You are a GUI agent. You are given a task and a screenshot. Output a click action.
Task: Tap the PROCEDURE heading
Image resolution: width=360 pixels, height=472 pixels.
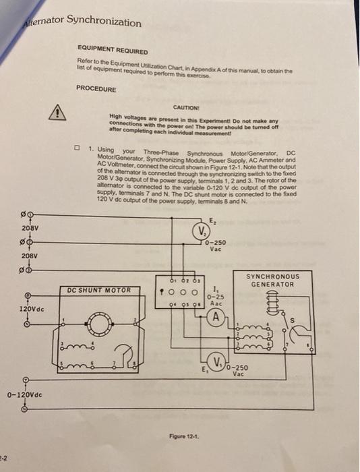pos(96,88)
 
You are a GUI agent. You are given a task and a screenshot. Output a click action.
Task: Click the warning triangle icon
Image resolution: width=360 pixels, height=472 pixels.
pos(59,112)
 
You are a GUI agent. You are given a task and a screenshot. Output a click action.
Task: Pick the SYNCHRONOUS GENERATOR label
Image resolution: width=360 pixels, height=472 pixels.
pos(272,280)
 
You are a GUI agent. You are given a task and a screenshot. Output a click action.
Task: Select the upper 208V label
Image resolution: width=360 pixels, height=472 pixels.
pos(30,229)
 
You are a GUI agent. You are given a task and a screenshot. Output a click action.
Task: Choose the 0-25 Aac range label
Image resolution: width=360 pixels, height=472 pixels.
pos(215,299)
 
